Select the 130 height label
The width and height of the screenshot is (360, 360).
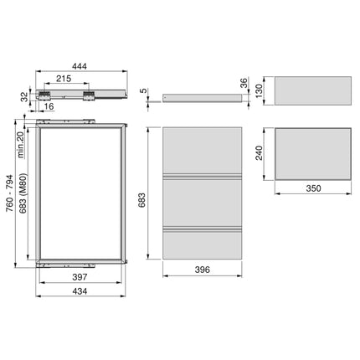point(260,89)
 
